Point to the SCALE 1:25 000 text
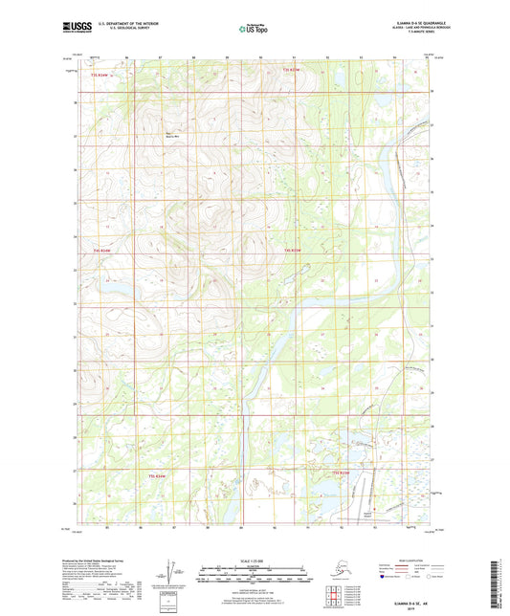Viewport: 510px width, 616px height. [253, 561]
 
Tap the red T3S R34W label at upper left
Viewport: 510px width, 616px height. [100, 73]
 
